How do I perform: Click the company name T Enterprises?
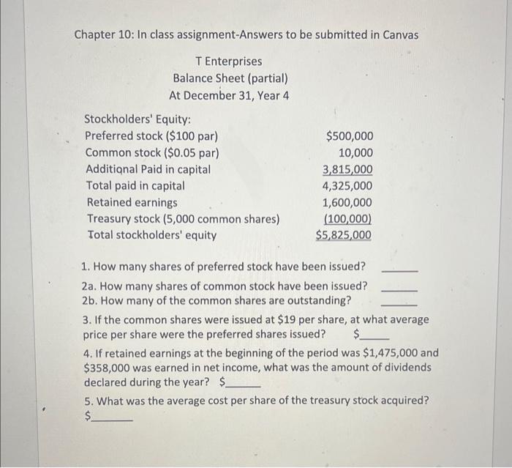[x=228, y=62]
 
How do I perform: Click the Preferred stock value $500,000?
[x=349, y=136]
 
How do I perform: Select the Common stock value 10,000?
[x=355, y=153]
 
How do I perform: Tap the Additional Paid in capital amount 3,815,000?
[x=347, y=170]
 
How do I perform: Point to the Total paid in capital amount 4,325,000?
[x=347, y=186]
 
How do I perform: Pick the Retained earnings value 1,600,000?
[x=347, y=203]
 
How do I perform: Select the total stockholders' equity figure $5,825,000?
[x=344, y=235]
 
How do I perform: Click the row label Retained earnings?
[x=132, y=203]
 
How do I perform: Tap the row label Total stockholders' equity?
[x=151, y=235]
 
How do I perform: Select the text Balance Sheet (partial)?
[x=230, y=78]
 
